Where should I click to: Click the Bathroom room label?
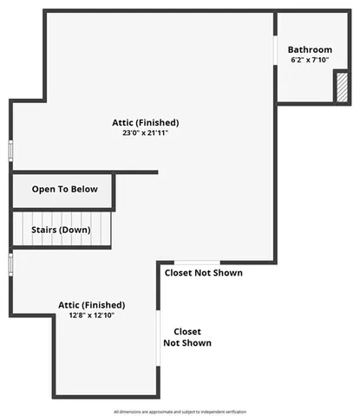coord(310,49)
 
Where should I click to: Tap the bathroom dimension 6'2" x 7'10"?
coord(310,61)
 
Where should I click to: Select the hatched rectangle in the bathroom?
coord(342,88)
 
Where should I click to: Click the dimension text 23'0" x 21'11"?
coord(146,133)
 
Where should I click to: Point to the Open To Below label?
coord(65,189)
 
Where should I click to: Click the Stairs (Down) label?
coord(63,230)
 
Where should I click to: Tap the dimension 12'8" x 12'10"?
coord(91,315)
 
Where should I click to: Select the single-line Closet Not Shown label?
coord(205,273)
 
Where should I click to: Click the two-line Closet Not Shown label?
coord(187,337)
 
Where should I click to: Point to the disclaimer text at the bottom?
coord(180,411)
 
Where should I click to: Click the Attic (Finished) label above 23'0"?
coord(146,122)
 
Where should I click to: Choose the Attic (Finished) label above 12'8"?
coord(91,304)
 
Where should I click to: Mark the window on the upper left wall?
coord(11,149)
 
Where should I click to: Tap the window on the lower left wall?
coord(10,263)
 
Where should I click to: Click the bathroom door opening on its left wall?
coord(276,50)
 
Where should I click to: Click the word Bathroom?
coord(310,49)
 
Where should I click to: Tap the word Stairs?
coord(47,230)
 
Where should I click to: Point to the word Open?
coord(43,189)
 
